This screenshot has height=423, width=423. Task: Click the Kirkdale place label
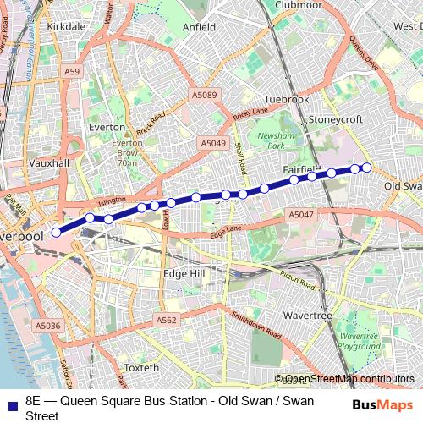[67, 27]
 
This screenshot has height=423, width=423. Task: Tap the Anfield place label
[200, 27]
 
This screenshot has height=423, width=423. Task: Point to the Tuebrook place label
[287, 99]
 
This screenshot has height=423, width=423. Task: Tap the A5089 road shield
[204, 96]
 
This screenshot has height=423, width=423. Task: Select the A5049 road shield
[213, 144]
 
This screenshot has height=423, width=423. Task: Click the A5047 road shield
[301, 216]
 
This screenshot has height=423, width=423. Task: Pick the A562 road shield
[167, 320]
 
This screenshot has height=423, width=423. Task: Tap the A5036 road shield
[48, 325]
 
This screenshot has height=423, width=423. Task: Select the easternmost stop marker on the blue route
[367, 168]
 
